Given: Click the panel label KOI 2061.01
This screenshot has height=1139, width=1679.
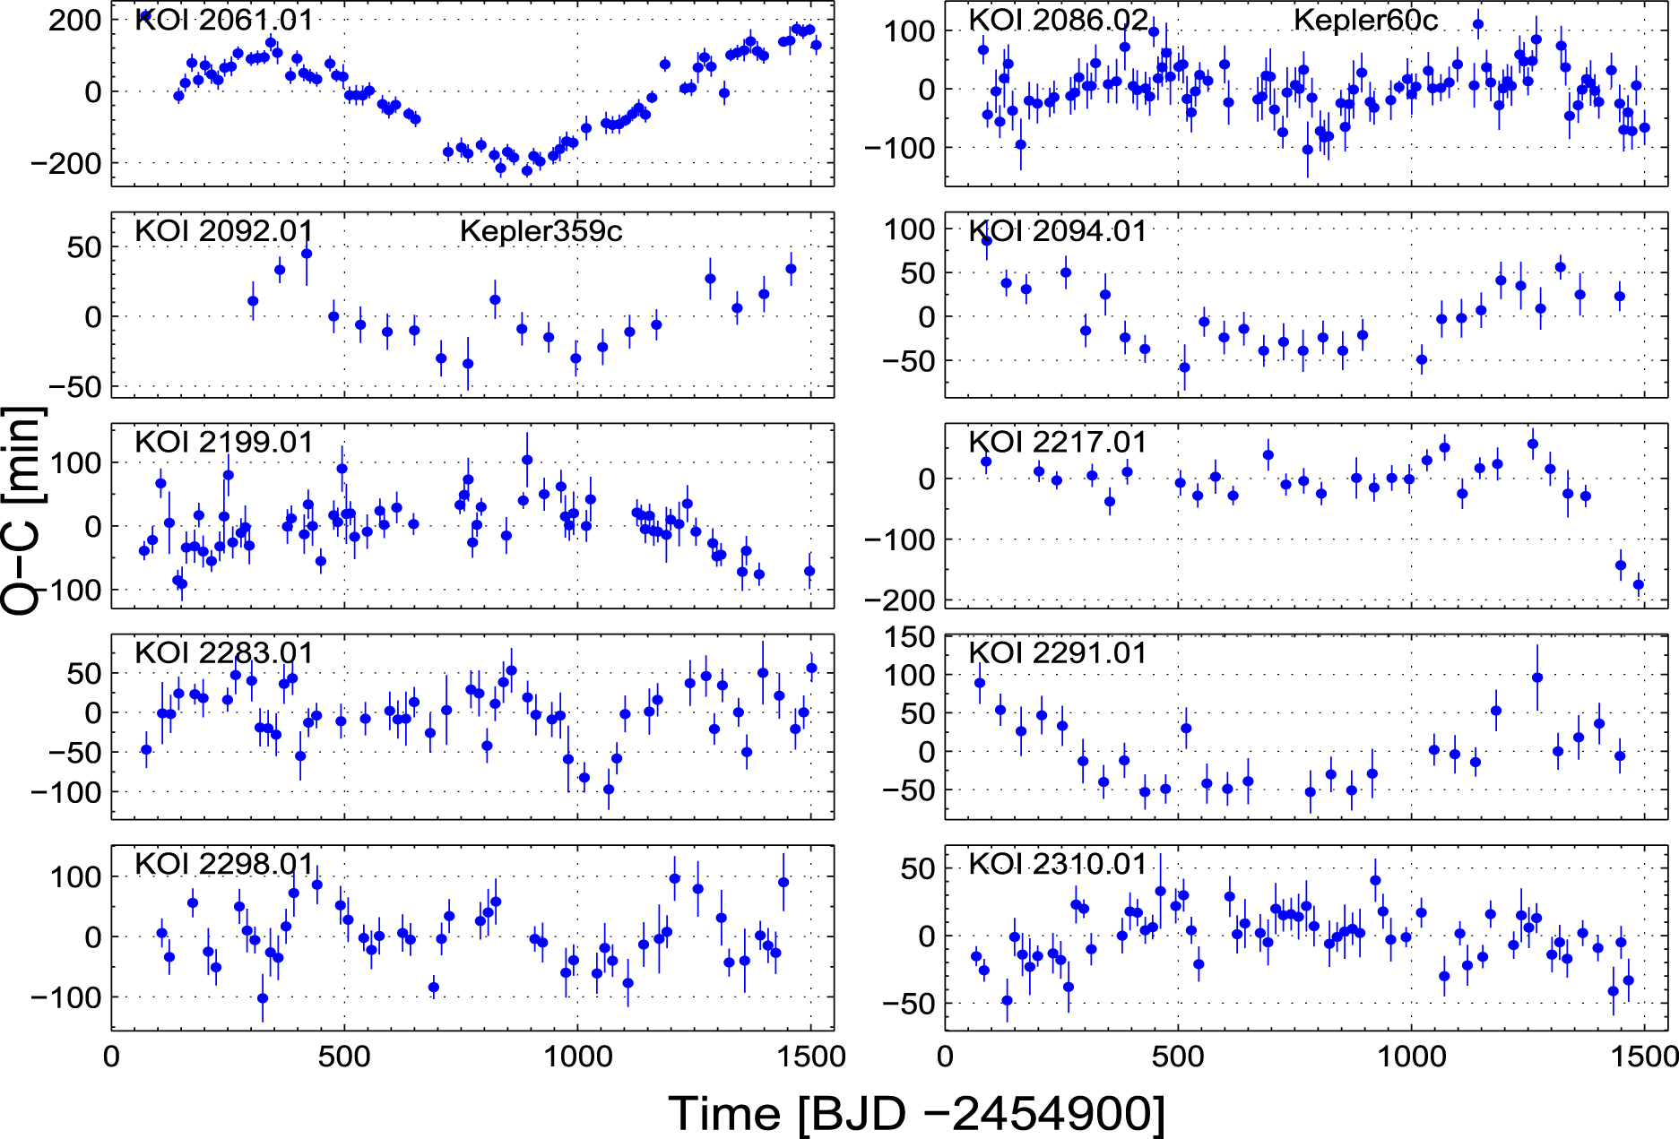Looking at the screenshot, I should click(x=224, y=20).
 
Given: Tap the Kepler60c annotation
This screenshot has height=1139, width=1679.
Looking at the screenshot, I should click(x=1365, y=20).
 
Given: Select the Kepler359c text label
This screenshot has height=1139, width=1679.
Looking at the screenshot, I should click(x=541, y=231).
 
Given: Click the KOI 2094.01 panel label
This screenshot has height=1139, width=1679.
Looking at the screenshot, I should click(x=1058, y=231).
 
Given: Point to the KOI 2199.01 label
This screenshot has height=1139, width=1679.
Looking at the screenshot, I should click(x=224, y=442).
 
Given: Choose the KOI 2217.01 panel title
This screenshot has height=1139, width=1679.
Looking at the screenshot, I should click(x=1058, y=442).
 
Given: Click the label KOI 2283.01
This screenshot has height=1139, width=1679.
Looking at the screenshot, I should click(x=224, y=652).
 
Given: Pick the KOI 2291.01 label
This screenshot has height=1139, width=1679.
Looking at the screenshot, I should click(x=1058, y=652).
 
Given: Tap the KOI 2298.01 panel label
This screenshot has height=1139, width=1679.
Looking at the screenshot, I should click(x=224, y=864).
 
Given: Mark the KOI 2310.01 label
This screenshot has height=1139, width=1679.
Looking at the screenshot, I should click(x=1058, y=864).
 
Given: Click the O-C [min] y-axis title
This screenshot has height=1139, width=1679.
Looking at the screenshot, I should click(x=22, y=511).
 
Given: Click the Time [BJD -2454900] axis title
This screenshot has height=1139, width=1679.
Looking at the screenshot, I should click(x=916, y=1114).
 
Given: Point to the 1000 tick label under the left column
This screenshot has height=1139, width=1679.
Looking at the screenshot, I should click(x=577, y=1057).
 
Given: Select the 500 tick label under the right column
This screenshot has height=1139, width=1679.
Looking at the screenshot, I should click(x=1178, y=1057).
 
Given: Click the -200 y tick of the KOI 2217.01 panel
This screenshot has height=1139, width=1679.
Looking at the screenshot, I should click(x=898, y=600).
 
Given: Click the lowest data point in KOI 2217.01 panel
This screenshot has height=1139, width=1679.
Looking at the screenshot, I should click(x=1639, y=585).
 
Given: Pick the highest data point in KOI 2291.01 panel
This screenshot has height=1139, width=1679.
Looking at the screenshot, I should click(x=1537, y=678).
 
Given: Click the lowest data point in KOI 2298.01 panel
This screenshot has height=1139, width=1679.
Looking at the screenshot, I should click(x=263, y=998).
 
